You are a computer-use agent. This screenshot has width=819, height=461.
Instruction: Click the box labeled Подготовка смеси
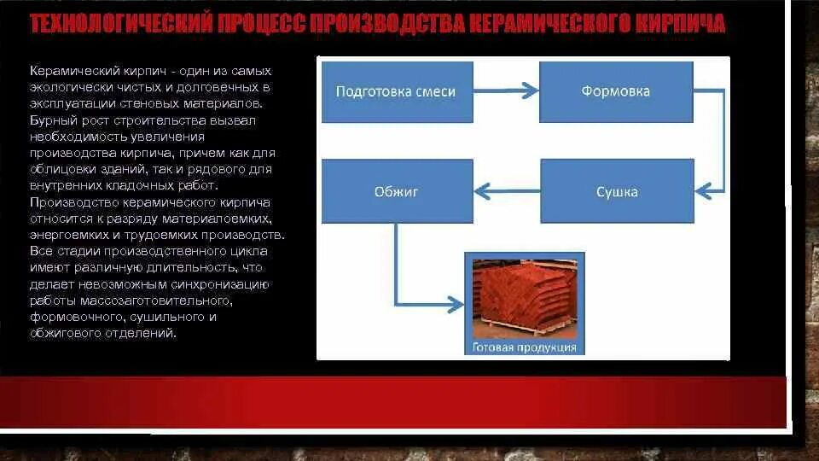coord(395,91)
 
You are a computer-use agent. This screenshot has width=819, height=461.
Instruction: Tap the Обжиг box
coord(395,192)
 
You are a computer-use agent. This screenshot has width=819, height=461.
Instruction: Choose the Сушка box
coord(616,192)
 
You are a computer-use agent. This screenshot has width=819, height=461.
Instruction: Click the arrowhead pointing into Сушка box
coord(700,189)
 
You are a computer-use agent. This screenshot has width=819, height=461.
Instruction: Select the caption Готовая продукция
coord(524,347)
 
